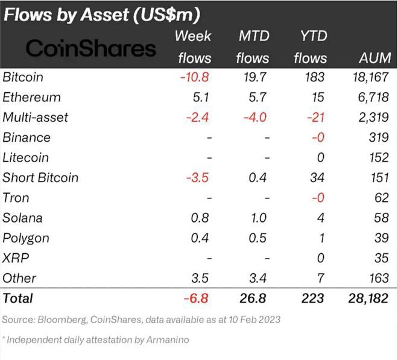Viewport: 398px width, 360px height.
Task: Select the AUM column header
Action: pos(374,58)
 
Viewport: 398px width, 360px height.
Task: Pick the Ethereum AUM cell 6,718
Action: pos(370,97)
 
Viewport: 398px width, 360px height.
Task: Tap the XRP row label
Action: pos(14,258)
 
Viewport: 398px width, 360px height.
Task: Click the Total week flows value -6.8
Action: pos(197,298)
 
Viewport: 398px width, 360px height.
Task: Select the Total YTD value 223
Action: pos(312,298)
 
